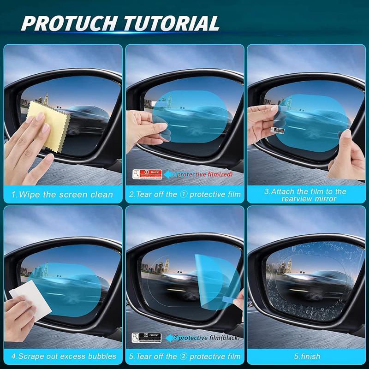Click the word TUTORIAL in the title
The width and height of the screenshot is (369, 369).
(171, 23)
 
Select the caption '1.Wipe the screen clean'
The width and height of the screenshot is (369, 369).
(63, 194)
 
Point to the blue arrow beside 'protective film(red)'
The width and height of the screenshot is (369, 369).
(169, 174)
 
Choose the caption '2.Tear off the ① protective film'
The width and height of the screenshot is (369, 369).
(185, 194)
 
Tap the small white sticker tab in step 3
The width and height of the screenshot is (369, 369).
(278, 131)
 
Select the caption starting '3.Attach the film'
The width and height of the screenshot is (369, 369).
(305, 195)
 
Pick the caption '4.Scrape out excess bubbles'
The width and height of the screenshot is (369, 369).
(64, 356)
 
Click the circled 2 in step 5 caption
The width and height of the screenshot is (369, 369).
(183, 356)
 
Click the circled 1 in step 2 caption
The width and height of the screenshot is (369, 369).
(183, 194)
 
